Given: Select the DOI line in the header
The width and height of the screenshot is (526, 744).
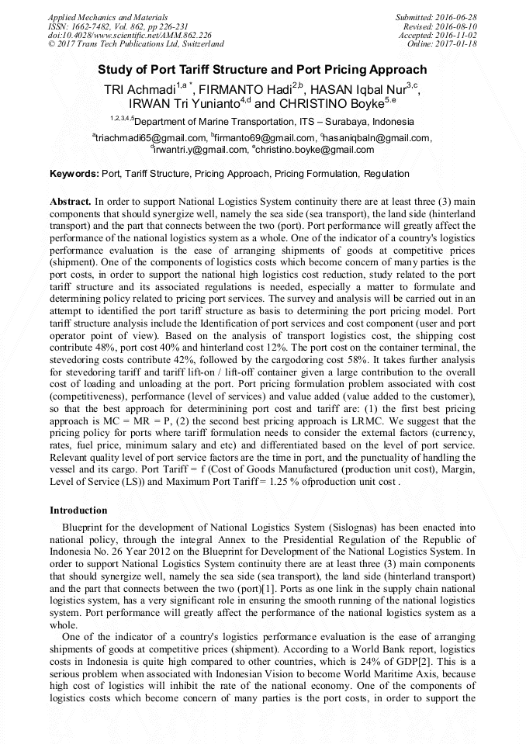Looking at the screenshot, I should click(130, 35).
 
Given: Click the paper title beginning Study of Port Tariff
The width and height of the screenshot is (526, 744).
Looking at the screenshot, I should click(262, 69).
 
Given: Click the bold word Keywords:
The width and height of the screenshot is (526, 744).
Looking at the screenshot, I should click(74, 174).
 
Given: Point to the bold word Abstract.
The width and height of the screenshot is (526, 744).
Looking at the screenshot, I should click(71, 200).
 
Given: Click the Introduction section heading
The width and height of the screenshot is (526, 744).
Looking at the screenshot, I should click(78, 510).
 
